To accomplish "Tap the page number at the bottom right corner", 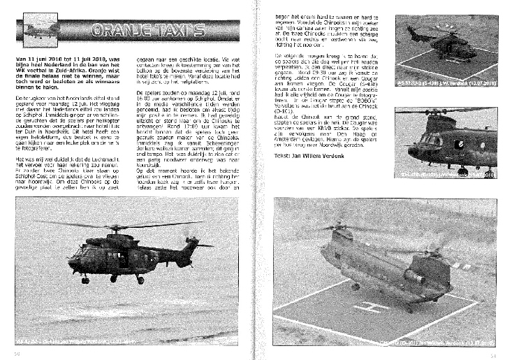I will tap(493, 353).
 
